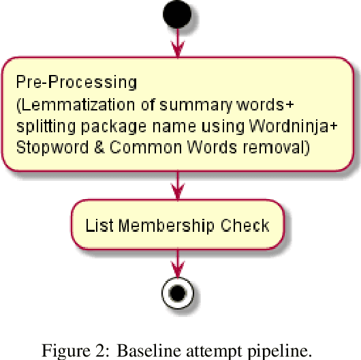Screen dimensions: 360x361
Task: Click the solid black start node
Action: tap(177, 14)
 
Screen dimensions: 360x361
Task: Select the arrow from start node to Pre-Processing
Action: tap(177, 42)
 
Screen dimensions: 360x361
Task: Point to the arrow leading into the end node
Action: tap(177, 262)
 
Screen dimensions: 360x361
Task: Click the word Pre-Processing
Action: tap(76, 82)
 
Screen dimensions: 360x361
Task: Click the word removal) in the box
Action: tap(283, 147)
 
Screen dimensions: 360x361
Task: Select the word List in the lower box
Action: tap(97, 226)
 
